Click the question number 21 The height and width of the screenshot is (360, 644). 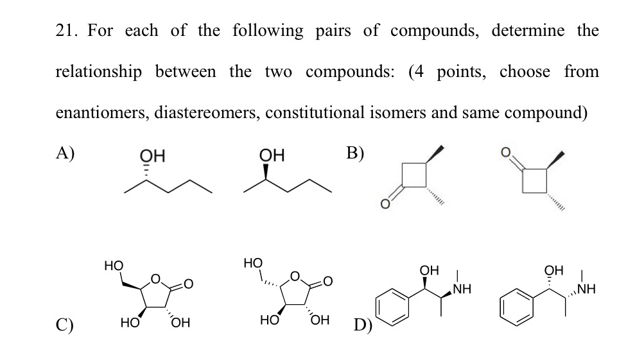(67, 30)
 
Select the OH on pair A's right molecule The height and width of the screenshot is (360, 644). (269, 155)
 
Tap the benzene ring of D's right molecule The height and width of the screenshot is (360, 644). (517, 309)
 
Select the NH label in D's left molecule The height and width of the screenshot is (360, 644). (462, 288)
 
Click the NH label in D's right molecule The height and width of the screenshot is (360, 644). (588, 288)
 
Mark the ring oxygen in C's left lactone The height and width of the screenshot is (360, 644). (155, 278)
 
